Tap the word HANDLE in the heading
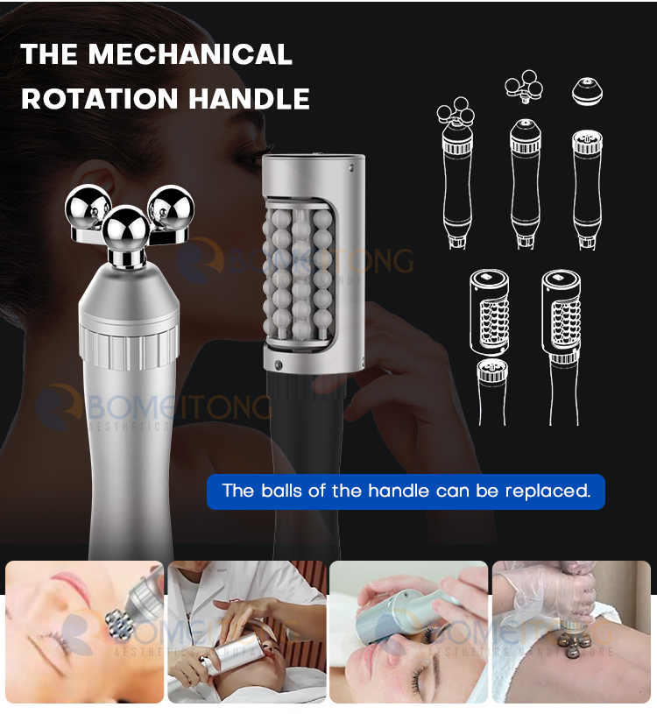(x=254, y=98)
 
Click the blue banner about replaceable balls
(x=406, y=491)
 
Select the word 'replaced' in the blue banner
(x=547, y=491)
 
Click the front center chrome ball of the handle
(x=126, y=230)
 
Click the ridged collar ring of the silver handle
(x=129, y=347)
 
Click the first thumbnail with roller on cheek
(x=84, y=632)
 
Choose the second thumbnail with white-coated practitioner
(x=246, y=632)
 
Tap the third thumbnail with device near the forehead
(x=408, y=632)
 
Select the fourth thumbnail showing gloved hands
(x=571, y=632)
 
